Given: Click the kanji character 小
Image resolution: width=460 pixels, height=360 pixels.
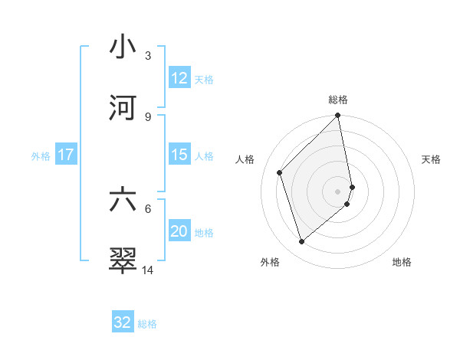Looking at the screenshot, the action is click(x=123, y=47).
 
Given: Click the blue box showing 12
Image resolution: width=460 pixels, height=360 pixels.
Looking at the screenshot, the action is click(x=179, y=78).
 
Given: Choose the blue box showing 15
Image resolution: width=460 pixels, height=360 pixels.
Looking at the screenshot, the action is click(x=179, y=155).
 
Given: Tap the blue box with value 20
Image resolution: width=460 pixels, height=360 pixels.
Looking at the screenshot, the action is click(x=179, y=231).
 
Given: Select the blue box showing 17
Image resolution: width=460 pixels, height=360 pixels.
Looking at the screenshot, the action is click(x=66, y=155).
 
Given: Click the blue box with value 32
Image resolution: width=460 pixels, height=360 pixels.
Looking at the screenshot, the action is click(x=123, y=322).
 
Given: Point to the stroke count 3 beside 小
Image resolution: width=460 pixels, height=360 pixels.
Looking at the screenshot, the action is click(x=148, y=56).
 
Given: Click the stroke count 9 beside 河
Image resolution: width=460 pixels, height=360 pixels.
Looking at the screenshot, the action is click(x=148, y=116).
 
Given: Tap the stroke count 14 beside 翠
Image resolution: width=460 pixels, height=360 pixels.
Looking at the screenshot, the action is click(x=148, y=270).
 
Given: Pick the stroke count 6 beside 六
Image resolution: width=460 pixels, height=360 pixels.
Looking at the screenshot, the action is click(x=148, y=208).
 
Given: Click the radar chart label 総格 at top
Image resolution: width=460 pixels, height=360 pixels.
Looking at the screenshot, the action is click(x=338, y=100).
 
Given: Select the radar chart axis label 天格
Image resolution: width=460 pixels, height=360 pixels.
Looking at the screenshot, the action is click(x=432, y=159).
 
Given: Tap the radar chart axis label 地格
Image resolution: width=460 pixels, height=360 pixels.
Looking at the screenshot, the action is click(x=402, y=262).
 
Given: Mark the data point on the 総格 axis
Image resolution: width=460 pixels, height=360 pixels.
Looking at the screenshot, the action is click(x=338, y=116).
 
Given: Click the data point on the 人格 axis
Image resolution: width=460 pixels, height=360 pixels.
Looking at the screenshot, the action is click(x=280, y=172).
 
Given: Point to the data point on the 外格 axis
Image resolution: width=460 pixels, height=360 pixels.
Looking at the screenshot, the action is click(x=302, y=241).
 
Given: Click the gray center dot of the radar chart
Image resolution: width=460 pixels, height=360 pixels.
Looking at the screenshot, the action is click(x=338, y=191).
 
